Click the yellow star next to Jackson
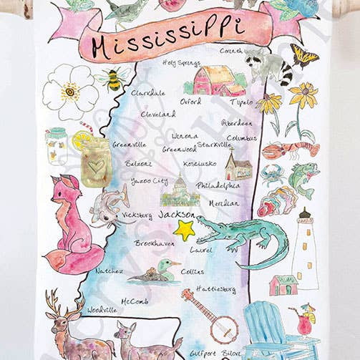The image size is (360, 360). tap(185, 230)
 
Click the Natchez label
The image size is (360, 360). tap(109, 271)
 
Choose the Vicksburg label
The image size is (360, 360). tap(137, 215)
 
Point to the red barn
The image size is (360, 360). tap(215, 80)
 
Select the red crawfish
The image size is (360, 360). tap(290, 150)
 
